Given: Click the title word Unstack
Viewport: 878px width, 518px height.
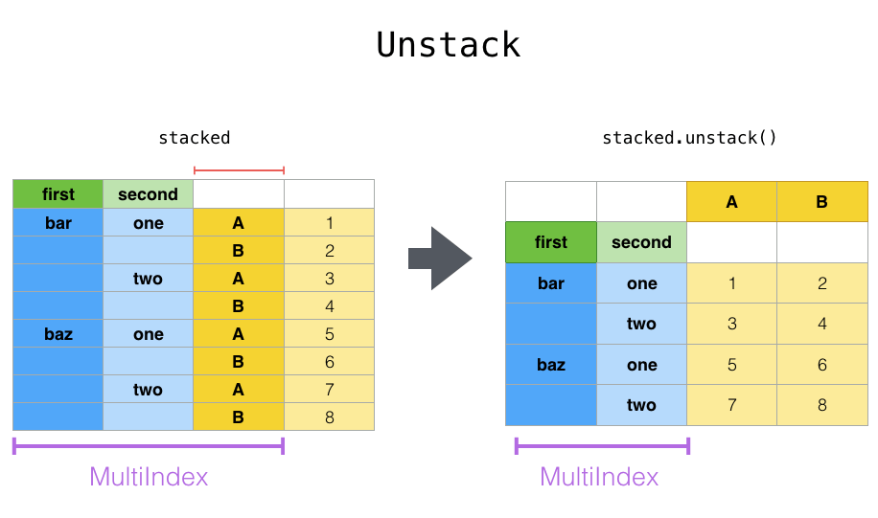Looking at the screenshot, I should tap(448, 45).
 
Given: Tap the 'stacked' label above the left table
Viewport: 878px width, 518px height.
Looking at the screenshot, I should tap(195, 138).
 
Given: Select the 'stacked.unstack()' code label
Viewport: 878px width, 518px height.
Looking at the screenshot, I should tap(689, 138).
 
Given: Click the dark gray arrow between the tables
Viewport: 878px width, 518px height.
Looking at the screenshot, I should tap(440, 259).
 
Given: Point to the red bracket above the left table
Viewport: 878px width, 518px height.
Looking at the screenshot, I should tap(239, 171).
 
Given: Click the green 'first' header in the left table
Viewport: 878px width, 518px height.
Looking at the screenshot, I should tap(58, 194).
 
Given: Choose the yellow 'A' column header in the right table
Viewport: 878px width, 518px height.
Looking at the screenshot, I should tap(731, 202).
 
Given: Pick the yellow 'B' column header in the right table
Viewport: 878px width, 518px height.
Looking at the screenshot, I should tap(821, 202).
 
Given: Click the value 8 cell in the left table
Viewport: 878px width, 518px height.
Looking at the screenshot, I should tap(329, 417).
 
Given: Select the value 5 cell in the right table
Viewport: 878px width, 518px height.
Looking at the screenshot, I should tap(731, 365).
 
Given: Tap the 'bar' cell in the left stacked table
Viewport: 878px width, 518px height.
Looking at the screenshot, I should tap(58, 223).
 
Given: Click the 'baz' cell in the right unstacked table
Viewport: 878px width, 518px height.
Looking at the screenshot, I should tap(551, 365).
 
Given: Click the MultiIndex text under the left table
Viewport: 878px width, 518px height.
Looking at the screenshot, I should tap(149, 477).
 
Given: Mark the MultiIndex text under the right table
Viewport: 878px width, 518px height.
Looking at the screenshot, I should tap(599, 477).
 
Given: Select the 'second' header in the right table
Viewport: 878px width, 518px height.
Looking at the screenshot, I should tap(641, 242).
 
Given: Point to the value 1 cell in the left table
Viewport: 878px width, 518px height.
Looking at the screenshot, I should tap(329, 223).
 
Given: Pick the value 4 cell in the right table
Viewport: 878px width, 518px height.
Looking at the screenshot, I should tap(821, 324).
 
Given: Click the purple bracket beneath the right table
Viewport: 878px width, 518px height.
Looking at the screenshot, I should tap(602, 446).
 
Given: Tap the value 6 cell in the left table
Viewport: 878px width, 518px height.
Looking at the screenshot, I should tap(329, 362).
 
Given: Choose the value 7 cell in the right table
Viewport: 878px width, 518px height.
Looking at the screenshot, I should tap(731, 405).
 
